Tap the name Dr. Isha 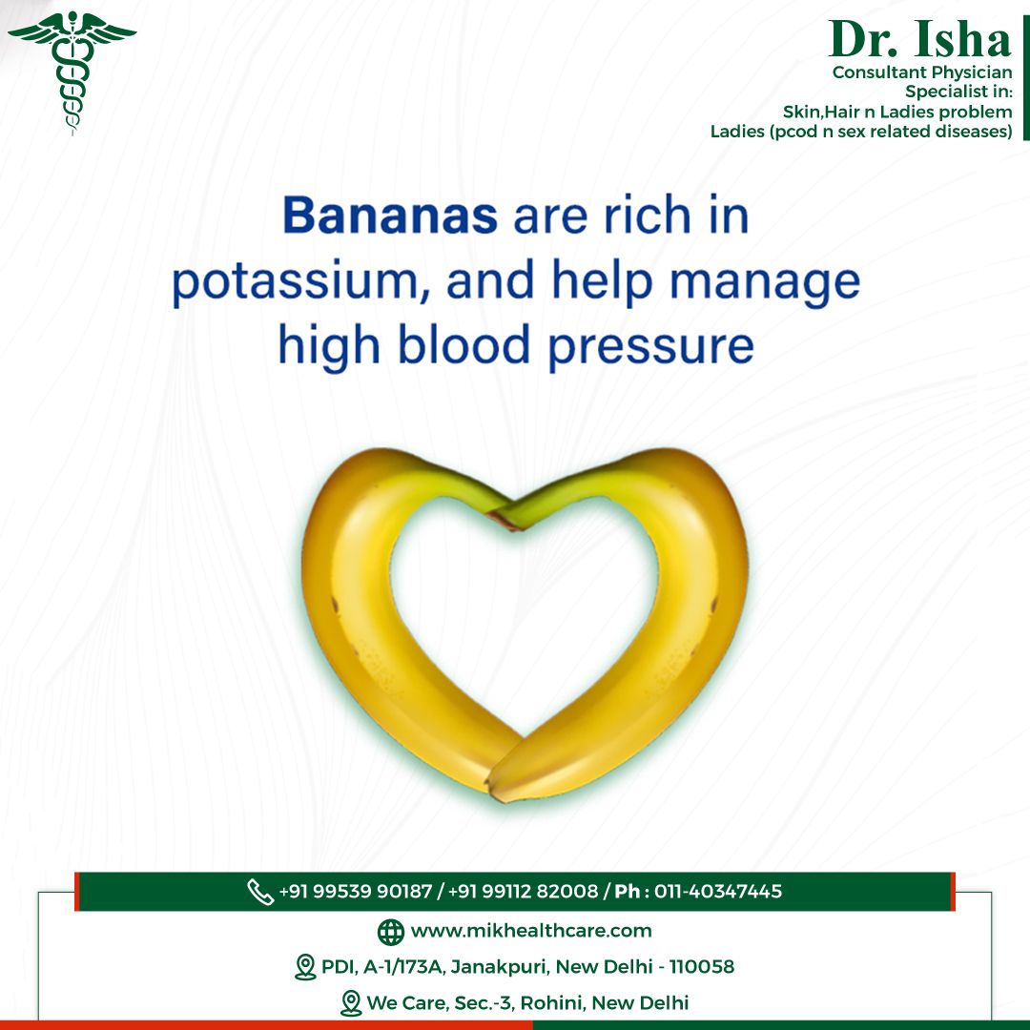(x=919, y=39)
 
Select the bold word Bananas (x=389, y=215)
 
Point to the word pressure (x=650, y=347)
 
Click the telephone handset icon (x=260, y=892)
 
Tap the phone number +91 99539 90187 (x=356, y=892)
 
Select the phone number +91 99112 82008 (x=523, y=892)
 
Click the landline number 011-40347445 (x=718, y=892)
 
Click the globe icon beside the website (x=391, y=932)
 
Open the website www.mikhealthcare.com (x=531, y=931)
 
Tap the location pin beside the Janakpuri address (x=305, y=967)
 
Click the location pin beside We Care (x=351, y=1003)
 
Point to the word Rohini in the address (x=552, y=1002)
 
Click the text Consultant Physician (x=922, y=72)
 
